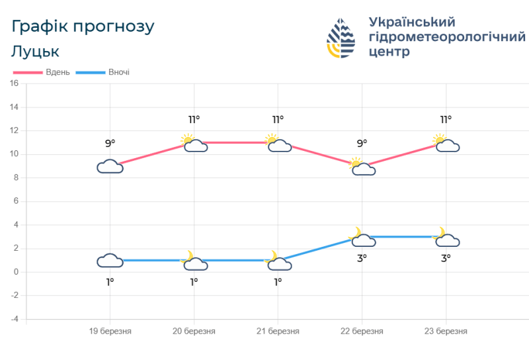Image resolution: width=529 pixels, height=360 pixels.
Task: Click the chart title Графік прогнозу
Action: click(83, 26)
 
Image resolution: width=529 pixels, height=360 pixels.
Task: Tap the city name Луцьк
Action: click(36, 52)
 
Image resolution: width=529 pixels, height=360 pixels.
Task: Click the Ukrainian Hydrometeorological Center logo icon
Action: click(341, 38)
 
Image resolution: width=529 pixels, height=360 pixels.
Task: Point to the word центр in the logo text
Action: click(390, 52)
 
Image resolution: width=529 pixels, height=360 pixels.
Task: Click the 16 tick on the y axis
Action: click(13, 83)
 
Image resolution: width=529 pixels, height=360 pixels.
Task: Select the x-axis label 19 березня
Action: click(110, 331)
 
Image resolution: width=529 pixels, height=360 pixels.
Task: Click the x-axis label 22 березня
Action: click(362, 331)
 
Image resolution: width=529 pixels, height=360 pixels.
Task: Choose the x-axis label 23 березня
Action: click(446, 331)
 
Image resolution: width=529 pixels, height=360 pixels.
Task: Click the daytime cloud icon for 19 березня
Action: click(110, 166)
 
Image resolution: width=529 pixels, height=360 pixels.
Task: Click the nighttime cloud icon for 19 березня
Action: click(110, 260)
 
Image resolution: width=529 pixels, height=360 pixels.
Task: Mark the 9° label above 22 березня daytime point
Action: click(362, 143)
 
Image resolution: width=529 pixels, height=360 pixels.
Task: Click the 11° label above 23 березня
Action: click(446, 120)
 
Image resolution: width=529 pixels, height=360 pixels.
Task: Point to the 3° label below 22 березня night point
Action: click(362, 258)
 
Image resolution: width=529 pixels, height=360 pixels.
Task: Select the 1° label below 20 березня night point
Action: click(194, 281)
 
